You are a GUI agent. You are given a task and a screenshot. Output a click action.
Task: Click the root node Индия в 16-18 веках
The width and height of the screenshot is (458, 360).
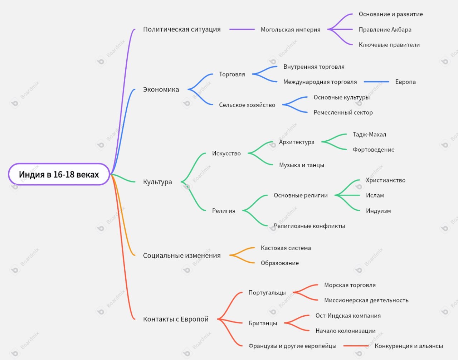click(x=59, y=175)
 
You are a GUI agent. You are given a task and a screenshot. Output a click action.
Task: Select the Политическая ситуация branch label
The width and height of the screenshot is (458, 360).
click(x=182, y=29)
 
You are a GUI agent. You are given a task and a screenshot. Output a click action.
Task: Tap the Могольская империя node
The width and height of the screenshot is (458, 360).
click(x=290, y=30)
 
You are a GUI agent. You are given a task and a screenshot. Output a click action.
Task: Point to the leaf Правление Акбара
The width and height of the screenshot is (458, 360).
click(x=385, y=30)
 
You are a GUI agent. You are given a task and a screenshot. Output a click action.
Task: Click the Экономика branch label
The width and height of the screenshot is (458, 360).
click(x=161, y=89)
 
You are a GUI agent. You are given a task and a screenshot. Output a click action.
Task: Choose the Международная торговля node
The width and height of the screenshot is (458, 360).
click(x=320, y=82)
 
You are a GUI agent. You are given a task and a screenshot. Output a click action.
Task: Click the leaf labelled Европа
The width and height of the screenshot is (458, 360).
click(x=405, y=82)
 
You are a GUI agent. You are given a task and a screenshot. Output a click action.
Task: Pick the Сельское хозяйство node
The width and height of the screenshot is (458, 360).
click(x=247, y=105)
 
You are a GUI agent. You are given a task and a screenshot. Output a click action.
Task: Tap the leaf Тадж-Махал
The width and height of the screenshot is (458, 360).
click(x=369, y=135)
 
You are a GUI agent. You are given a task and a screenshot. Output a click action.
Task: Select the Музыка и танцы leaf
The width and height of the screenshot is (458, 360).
click(x=301, y=165)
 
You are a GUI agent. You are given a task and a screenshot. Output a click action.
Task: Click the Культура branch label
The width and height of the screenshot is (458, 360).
click(x=157, y=182)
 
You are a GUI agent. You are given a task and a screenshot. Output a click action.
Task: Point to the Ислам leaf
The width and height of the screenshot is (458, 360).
click(x=375, y=195)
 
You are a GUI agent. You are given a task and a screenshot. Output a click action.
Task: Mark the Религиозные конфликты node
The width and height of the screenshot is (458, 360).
click(x=309, y=226)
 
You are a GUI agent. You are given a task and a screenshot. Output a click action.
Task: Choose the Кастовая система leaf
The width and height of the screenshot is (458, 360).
click(x=286, y=248)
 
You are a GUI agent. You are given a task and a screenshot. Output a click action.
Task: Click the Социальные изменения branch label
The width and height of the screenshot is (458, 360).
click(x=182, y=256)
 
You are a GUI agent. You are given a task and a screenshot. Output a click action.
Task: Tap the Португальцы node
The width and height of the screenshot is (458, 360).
click(x=267, y=293)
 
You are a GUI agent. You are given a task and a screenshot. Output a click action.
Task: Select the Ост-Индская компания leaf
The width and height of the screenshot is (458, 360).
click(x=348, y=316)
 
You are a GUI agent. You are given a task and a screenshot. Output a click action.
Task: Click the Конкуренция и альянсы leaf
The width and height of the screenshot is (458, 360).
click(x=409, y=346)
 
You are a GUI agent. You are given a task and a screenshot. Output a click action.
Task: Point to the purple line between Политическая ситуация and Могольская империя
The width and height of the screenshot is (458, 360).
click(x=242, y=29)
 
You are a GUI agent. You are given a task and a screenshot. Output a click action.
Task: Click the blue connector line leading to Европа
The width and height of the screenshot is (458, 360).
click(x=376, y=82)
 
